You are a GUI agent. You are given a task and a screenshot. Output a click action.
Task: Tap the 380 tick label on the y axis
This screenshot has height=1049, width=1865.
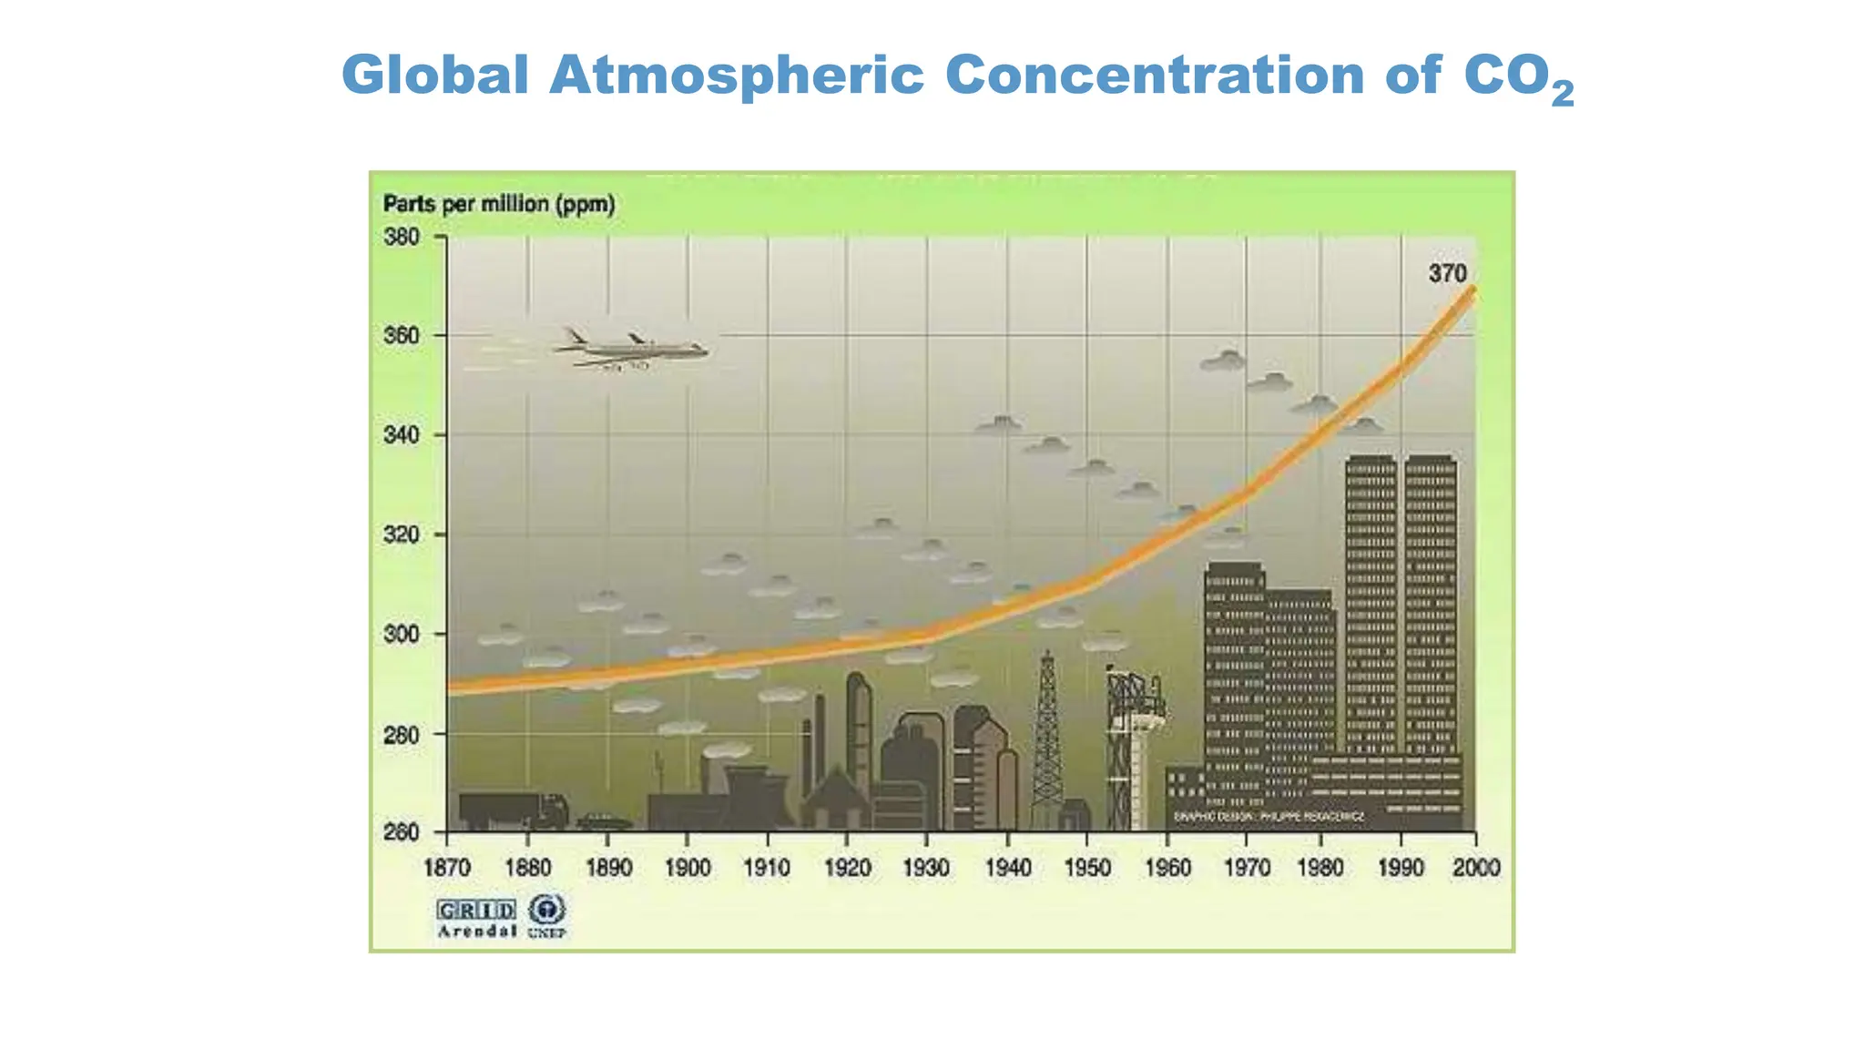pyautogui.click(x=401, y=238)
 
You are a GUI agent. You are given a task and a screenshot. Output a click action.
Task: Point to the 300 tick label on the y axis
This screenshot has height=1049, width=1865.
pyautogui.click(x=401, y=634)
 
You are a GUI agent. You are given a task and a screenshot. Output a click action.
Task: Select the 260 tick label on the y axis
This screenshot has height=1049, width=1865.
pyautogui.click(x=401, y=832)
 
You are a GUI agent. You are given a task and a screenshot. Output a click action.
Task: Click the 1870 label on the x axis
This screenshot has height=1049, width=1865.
pyautogui.click(x=447, y=868)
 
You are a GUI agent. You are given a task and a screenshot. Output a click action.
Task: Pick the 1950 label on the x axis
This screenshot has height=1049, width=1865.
pyautogui.click(x=1087, y=868)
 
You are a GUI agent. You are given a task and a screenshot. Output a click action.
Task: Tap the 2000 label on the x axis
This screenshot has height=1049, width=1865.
pyautogui.click(x=1475, y=868)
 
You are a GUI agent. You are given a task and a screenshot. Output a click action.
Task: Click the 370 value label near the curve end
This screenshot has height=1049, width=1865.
pyautogui.click(x=1447, y=273)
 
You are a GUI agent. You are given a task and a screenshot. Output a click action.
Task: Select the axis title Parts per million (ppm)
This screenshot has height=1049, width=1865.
pyautogui.click(x=499, y=204)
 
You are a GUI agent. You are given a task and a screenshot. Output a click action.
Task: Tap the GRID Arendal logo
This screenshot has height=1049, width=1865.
pyautogui.click(x=476, y=918)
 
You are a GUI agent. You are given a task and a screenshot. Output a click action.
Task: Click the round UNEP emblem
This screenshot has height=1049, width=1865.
pyautogui.click(x=547, y=911)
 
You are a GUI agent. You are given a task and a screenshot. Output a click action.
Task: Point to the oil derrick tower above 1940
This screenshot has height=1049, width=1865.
pyautogui.click(x=1047, y=738)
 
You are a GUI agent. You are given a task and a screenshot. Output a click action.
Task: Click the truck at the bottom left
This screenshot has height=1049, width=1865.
pyautogui.click(x=512, y=810)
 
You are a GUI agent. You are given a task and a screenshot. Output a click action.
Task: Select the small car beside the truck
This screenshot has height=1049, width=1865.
pyautogui.click(x=604, y=821)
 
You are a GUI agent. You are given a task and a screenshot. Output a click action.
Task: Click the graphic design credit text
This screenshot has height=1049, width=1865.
pyautogui.click(x=1269, y=817)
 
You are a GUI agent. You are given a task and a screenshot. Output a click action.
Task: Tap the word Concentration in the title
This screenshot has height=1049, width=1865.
pyautogui.click(x=1154, y=75)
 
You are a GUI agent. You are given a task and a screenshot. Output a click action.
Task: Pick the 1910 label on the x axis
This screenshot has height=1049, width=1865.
pyautogui.click(x=767, y=868)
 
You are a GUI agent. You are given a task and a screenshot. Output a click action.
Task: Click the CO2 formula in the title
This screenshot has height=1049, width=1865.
pyautogui.click(x=1518, y=77)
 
